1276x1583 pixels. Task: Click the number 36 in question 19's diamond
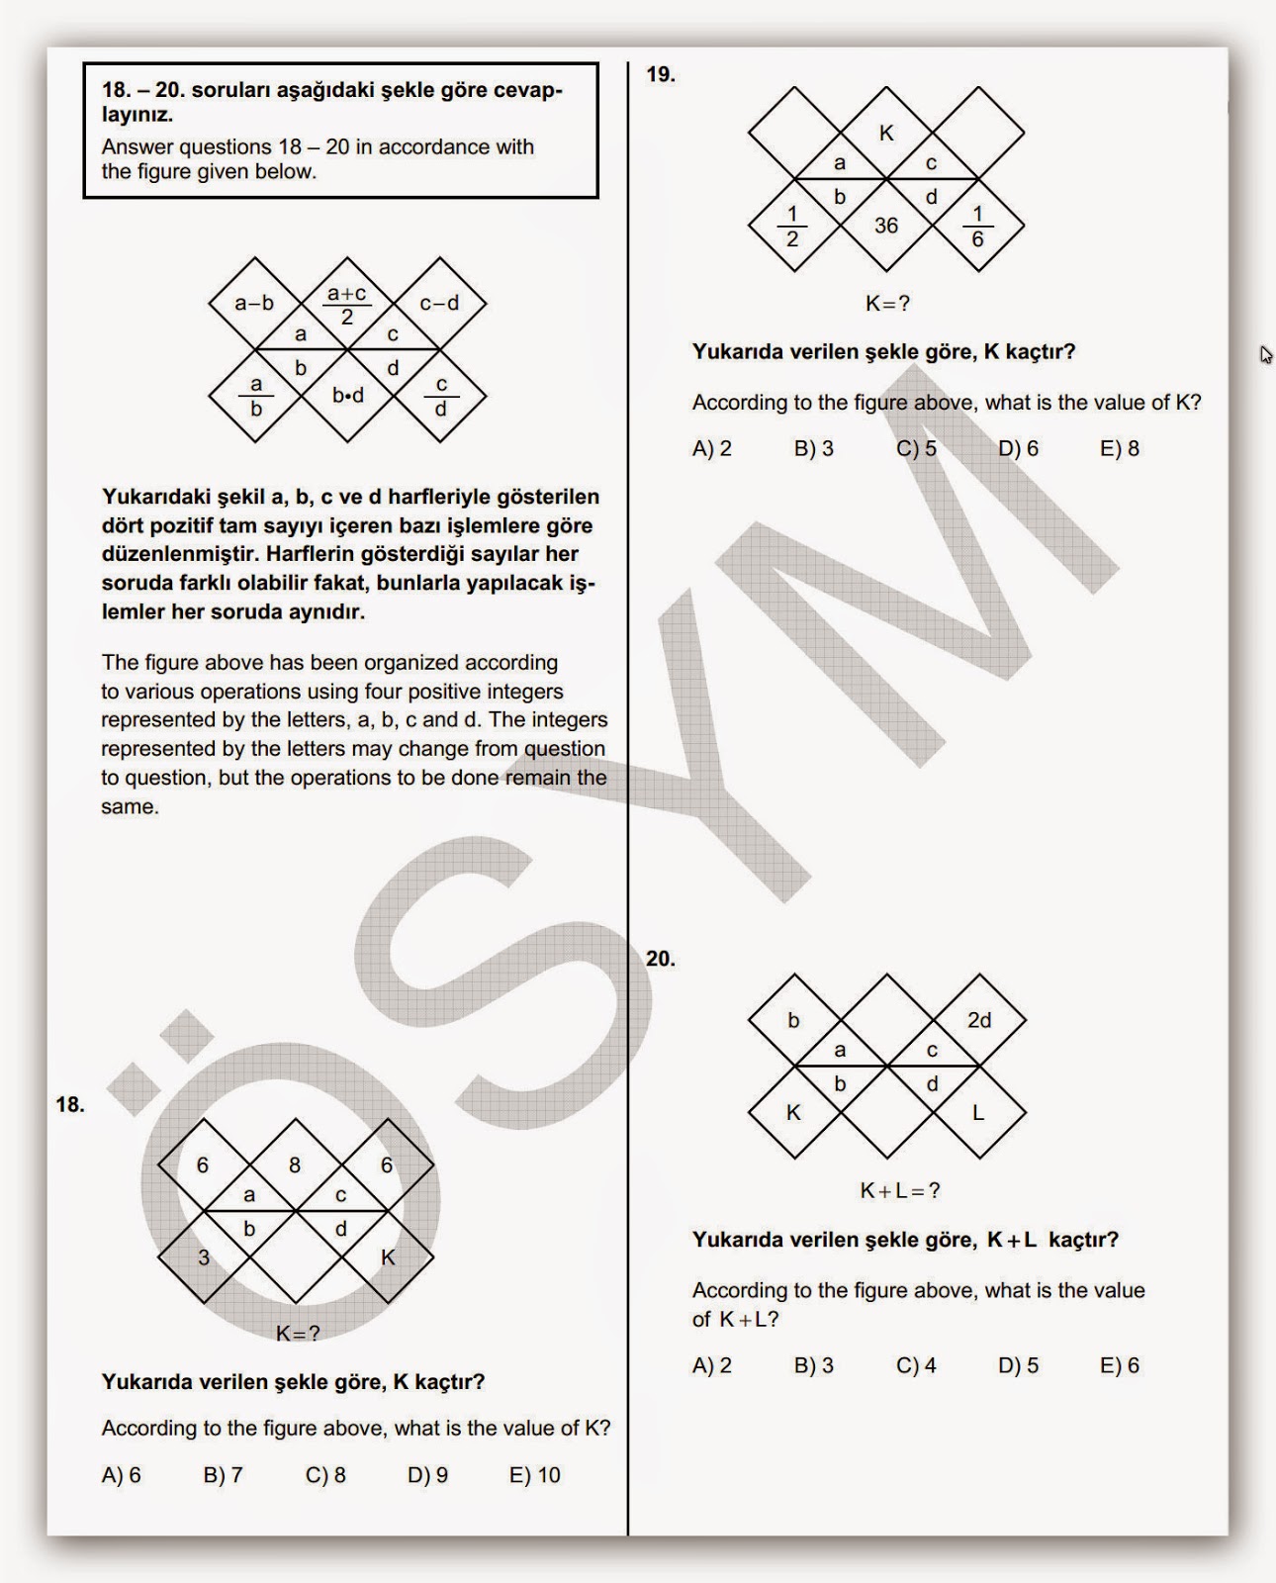(885, 226)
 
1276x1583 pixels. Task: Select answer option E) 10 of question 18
(534, 1475)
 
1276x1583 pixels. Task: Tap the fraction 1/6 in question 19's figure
(977, 227)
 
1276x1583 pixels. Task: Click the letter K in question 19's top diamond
(886, 133)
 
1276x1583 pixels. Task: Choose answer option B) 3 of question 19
(813, 448)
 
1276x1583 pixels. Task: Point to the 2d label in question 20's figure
(978, 1020)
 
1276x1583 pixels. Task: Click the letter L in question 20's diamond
(977, 1113)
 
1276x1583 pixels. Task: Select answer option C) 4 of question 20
(916, 1365)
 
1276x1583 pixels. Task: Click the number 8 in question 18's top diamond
(295, 1165)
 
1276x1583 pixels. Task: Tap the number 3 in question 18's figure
(203, 1257)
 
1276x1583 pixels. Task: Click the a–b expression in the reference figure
(254, 304)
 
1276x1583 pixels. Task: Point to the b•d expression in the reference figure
(347, 396)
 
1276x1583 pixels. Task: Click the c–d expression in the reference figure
(439, 304)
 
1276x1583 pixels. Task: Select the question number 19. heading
(660, 74)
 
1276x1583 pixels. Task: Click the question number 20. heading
(660, 959)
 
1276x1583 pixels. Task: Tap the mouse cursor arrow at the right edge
(1265, 354)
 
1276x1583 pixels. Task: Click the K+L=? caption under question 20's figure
(899, 1190)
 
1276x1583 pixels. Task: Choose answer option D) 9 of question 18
(427, 1475)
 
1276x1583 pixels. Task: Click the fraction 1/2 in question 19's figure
(792, 227)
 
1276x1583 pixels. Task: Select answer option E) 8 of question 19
(1119, 448)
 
